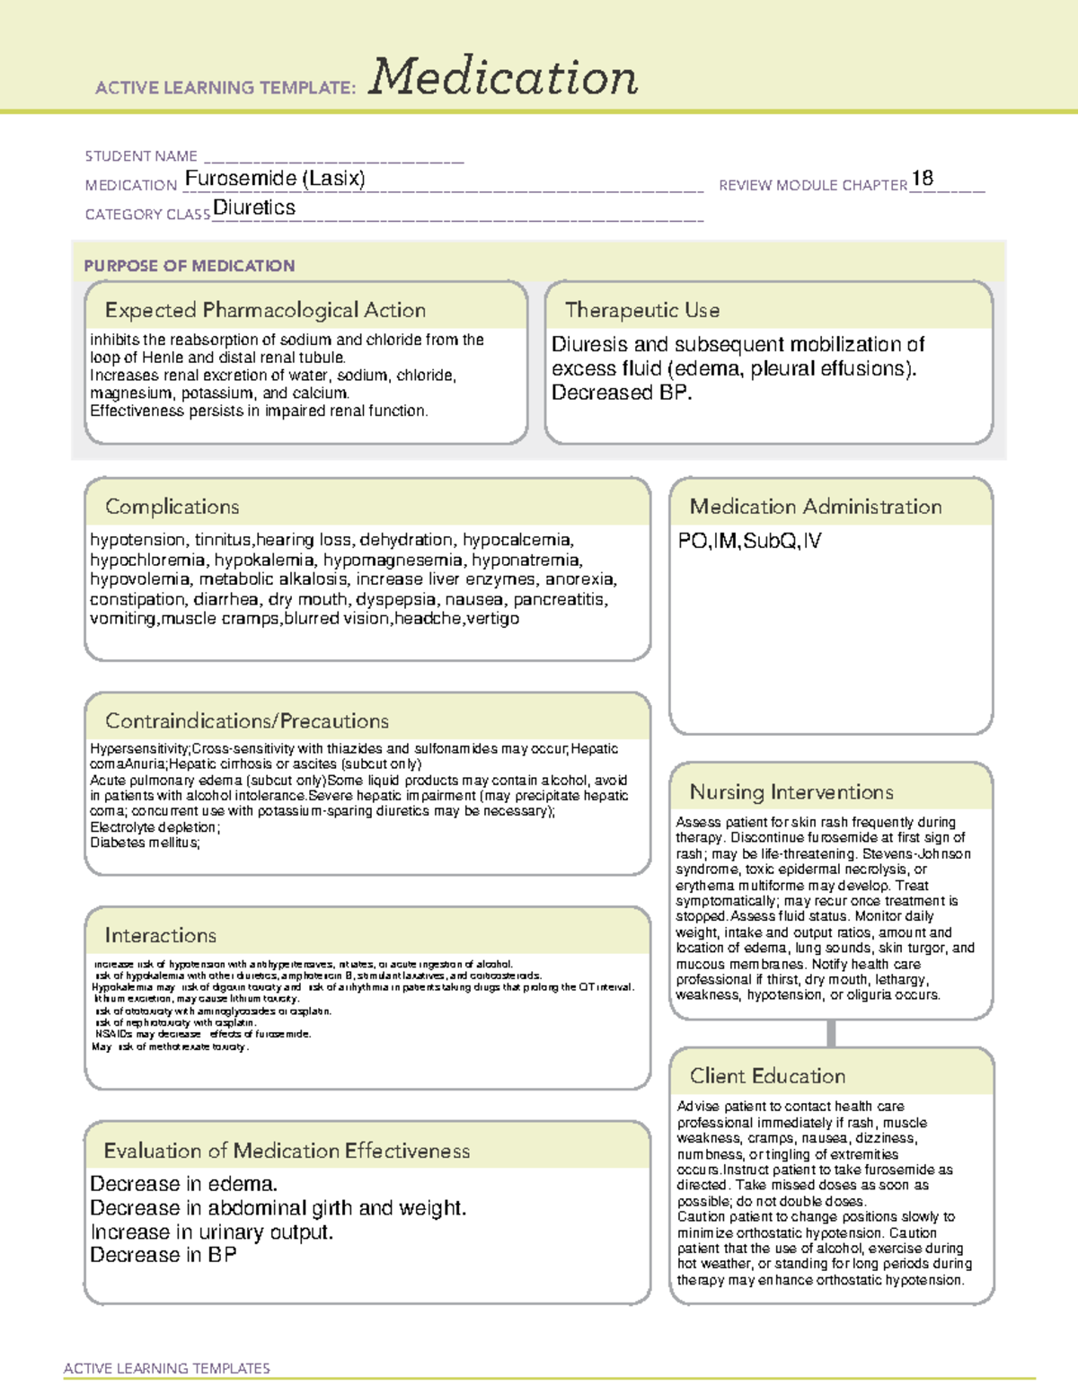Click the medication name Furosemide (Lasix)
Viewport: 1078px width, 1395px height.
275,179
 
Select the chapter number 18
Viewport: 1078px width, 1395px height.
923,178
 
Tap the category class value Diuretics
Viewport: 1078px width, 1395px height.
254,207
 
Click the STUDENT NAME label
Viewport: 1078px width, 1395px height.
141,156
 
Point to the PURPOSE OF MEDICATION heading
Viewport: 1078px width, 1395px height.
190,266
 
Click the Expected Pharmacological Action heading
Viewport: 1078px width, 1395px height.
265,310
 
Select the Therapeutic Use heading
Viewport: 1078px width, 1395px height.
642,310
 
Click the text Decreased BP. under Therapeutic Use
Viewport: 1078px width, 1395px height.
622,393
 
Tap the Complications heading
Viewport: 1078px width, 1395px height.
172,507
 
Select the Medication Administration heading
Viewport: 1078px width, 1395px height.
816,507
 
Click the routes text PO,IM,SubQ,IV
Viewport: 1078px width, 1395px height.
749,541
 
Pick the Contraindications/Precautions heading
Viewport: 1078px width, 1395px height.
247,721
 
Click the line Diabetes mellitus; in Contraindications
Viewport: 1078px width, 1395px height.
145,843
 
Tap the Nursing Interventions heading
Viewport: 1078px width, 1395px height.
791,792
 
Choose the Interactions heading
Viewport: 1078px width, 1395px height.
161,936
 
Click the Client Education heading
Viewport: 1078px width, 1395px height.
767,1076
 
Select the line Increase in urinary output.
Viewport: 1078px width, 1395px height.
212,1232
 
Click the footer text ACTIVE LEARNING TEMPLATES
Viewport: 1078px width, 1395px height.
167,1368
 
